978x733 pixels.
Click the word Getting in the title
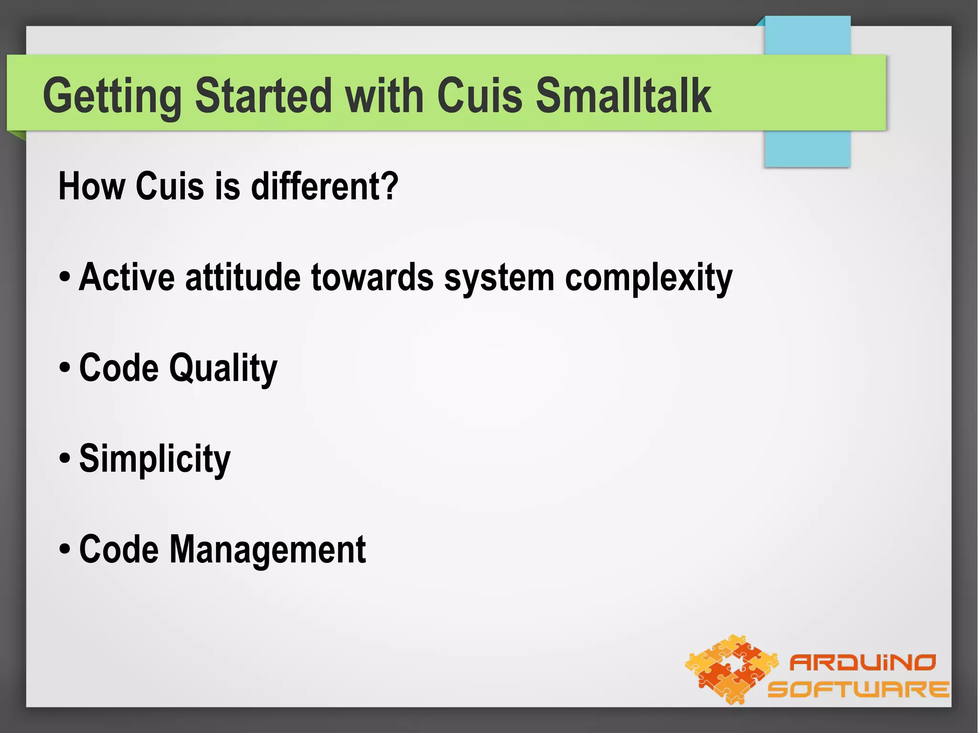point(112,97)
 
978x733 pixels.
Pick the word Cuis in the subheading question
point(170,186)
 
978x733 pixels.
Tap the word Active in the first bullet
point(127,277)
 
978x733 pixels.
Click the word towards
point(372,277)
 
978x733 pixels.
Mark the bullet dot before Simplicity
point(65,459)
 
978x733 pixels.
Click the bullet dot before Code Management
point(65,550)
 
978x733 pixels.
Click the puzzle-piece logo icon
point(731,669)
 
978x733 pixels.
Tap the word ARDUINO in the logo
point(862,663)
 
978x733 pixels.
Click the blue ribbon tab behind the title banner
point(807,148)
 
